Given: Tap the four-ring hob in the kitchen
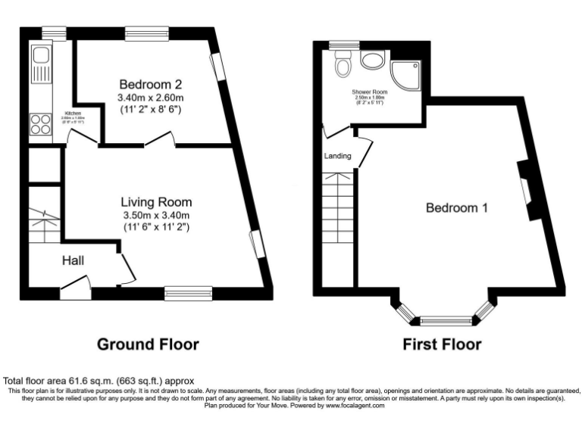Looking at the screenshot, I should pyautogui.click(x=40, y=123).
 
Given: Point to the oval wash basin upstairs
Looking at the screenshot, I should pyautogui.click(x=372, y=61).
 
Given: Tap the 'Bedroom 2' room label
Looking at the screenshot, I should pyautogui.click(x=150, y=84).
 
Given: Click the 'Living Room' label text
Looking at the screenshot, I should pyautogui.click(x=156, y=202).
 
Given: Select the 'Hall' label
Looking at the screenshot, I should pyautogui.click(x=73, y=261).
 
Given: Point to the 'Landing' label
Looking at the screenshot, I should pyautogui.click(x=337, y=157).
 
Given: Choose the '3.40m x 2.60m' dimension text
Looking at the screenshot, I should pyautogui.click(x=151, y=98).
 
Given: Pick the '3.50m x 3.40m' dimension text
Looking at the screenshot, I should pyautogui.click(x=156, y=215).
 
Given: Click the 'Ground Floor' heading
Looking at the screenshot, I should pyautogui.click(x=148, y=344).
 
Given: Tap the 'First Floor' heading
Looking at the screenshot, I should pyautogui.click(x=443, y=344).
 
